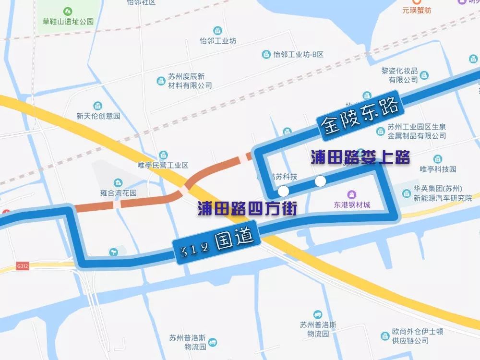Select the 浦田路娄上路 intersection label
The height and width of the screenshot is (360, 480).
360,157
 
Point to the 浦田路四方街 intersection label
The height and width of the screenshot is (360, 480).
247,208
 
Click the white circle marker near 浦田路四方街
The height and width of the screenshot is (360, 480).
284,191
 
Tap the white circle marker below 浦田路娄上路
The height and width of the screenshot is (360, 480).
320,181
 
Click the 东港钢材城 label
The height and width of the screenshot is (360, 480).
352,205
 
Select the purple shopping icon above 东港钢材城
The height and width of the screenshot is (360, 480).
352,194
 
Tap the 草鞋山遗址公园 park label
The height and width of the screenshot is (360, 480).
68,22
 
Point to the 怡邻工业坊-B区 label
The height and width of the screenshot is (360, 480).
298,54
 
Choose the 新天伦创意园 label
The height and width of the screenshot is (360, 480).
98,116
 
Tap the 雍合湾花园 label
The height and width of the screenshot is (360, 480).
118,193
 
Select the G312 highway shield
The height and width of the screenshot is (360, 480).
22,265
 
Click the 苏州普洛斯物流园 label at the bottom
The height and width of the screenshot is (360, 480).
188,341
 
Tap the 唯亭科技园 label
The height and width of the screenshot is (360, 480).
438,169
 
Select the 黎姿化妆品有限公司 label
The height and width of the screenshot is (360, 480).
400,75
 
